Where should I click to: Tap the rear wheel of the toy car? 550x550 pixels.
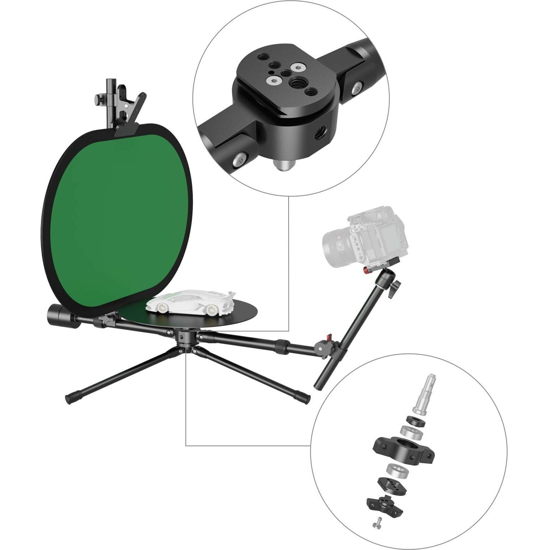click(211, 309)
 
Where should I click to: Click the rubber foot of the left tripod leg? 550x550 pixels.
click(71, 398)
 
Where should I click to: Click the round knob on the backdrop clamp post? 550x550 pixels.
click(98, 98)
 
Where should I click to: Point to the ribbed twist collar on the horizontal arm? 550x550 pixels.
click(281, 346)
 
